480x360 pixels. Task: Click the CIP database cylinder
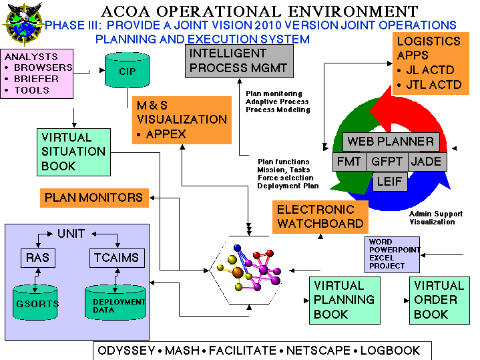point(127,70)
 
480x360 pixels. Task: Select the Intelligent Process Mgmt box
point(239,61)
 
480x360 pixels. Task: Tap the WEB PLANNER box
point(391,142)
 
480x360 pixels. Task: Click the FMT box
point(349,162)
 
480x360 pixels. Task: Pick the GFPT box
point(387,162)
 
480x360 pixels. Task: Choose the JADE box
point(427,162)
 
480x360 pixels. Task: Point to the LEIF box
point(390,182)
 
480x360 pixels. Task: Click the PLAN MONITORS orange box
point(94,198)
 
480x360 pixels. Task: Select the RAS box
point(38,258)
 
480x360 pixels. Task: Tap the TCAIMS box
point(117,258)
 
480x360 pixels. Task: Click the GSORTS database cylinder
point(35,303)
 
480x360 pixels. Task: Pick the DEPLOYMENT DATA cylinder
point(115,303)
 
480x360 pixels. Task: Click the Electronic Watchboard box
point(320,217)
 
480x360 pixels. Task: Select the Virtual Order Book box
point(439,301)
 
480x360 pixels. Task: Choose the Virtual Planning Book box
point(344,301)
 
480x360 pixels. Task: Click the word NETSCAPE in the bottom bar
point(318,351)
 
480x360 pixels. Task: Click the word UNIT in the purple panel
point(71,234)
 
